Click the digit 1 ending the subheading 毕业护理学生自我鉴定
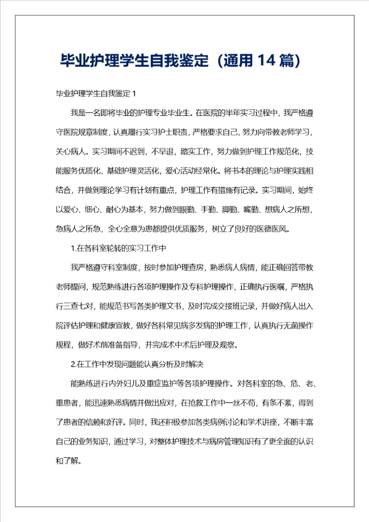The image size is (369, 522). coord(134,94)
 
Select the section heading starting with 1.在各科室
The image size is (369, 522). coord(118,248)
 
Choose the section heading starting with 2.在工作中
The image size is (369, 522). coord(137,365)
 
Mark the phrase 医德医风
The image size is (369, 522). coord(273,229)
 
